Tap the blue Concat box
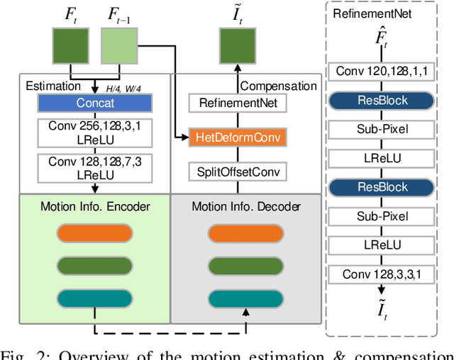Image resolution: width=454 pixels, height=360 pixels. click(95, 103)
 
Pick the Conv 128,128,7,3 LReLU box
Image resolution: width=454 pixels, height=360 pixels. click(95, 167)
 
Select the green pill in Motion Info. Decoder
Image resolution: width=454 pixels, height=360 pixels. click(245, 266)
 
